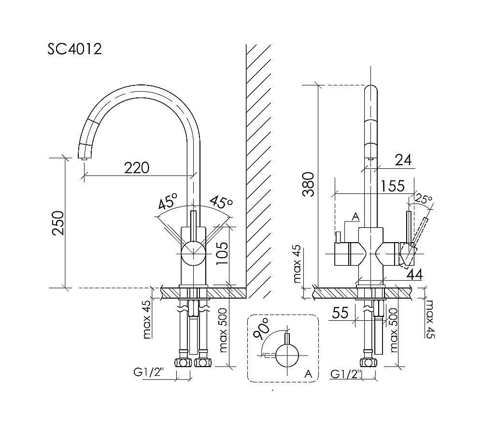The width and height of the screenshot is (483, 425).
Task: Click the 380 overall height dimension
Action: [x=309, y=184]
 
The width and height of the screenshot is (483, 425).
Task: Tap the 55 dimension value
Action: [x=341, y=313]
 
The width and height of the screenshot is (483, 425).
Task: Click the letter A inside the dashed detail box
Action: [x=308, y=373]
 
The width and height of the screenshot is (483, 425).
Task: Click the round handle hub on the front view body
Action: [x=193, y=253]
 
